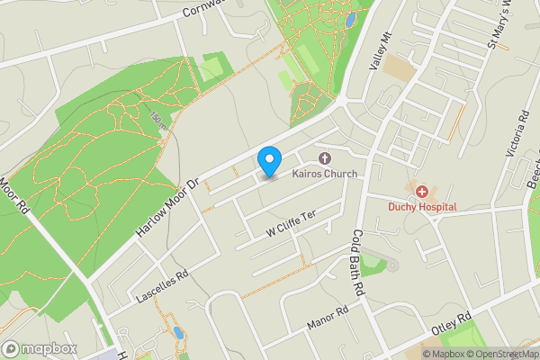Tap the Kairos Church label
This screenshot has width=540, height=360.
324,174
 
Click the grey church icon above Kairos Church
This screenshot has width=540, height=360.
324,158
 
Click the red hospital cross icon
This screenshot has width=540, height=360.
421,191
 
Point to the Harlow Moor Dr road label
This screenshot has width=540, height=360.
167,208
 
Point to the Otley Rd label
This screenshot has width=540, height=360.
452,324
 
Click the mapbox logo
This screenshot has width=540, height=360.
39,348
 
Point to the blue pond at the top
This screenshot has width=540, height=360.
349,18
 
